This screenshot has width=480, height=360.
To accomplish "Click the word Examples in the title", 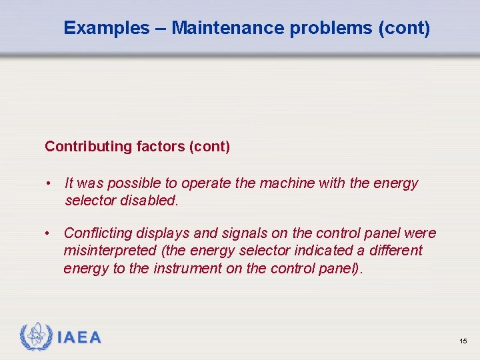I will (107, 28).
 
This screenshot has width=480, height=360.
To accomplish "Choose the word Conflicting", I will (98, 233).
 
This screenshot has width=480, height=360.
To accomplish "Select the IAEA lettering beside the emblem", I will (79, 337).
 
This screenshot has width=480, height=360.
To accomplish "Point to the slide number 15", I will (463, 341).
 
